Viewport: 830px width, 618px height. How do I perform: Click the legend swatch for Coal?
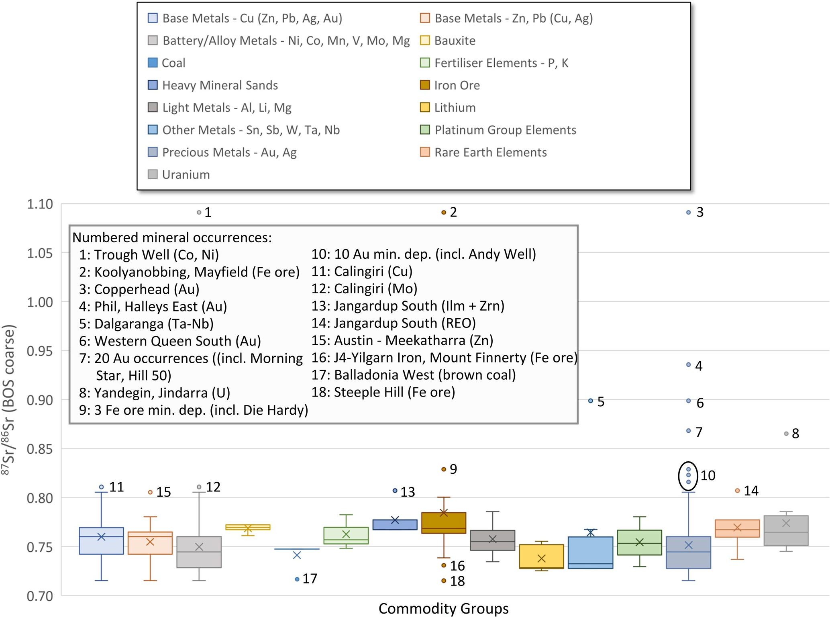153,63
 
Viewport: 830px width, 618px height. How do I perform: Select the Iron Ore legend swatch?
424,85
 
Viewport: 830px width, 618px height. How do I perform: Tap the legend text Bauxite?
455,41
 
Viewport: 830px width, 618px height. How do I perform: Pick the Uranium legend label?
186,175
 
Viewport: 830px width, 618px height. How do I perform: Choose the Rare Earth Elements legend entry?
491,152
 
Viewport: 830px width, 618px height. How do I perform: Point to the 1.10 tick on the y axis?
40,204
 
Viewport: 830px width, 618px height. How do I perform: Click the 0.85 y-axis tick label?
40,449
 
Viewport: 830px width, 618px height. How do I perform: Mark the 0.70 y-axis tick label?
40,596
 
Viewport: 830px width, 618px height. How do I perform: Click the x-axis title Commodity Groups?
443,609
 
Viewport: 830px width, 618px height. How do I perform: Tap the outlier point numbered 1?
199,212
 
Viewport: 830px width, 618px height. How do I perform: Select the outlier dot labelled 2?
444,212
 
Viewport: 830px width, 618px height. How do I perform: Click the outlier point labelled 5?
591,401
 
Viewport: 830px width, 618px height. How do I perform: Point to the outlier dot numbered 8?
786,434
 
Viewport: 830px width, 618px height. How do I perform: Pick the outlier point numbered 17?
297,579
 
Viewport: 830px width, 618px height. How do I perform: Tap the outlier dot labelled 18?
444,581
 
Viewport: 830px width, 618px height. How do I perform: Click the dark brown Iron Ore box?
444,523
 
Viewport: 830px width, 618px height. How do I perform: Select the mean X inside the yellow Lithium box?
541,559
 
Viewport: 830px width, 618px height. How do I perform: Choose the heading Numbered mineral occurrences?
172,237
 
